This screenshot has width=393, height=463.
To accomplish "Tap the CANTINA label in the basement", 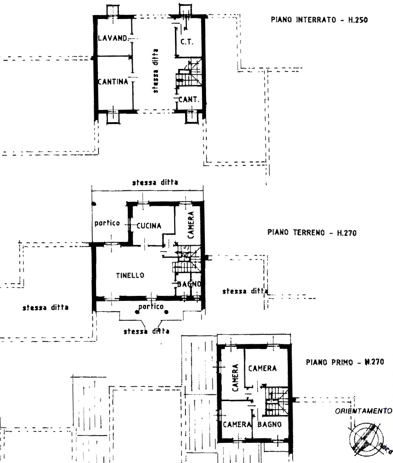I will click(x=113, y=81).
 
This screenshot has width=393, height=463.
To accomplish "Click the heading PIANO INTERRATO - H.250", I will click(x=319, y=20).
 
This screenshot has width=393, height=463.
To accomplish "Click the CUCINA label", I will click(x=148, y=226).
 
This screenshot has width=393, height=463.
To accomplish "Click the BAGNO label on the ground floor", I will click(x=189, y=284).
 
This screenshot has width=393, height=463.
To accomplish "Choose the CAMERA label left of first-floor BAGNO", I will click(x=236, y=425).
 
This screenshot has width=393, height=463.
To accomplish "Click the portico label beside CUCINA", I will click(x=107, y=223).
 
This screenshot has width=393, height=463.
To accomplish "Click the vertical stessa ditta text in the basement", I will click(x=156, y=71).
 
